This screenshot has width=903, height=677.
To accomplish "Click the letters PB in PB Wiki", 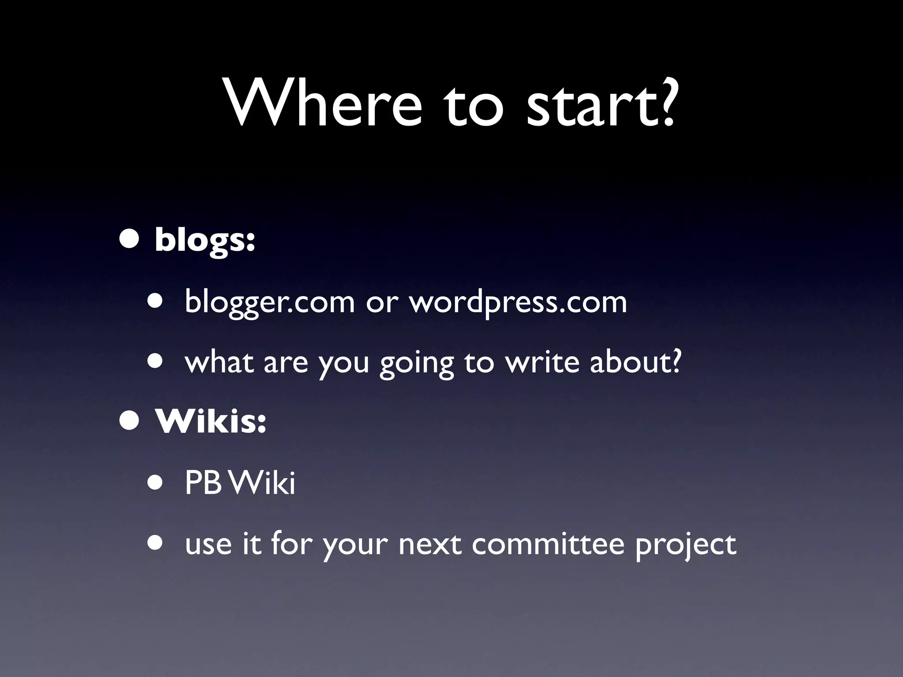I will click(202, 484).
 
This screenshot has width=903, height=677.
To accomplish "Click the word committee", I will click(548, 544).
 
